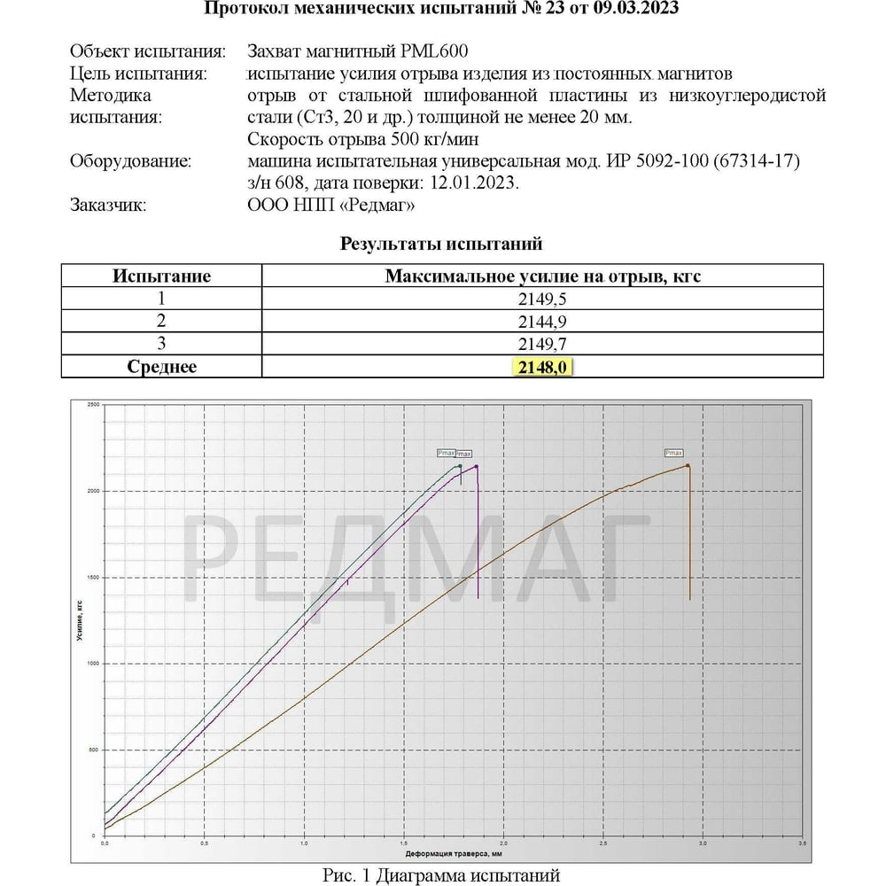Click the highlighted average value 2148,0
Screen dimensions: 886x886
point(542,367)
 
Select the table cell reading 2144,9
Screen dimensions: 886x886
point(542,321)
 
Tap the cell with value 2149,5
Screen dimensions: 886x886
point(542,299)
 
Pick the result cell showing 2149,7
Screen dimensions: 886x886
point(542,344)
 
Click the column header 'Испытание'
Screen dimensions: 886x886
point(161,276)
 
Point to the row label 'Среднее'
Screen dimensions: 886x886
point(161,367)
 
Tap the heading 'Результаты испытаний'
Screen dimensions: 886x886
point(441,244)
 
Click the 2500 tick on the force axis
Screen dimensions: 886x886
point(93,404)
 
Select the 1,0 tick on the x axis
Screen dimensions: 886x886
point(305,843)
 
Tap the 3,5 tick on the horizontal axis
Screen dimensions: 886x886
point(802,843)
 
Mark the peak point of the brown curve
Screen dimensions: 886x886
point(688,466)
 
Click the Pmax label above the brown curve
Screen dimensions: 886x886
point(673,453)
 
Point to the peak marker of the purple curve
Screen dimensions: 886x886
point(477,467)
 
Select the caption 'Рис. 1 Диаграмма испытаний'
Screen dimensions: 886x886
point(441,875)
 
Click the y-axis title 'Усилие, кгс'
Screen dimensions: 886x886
point(81,620)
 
